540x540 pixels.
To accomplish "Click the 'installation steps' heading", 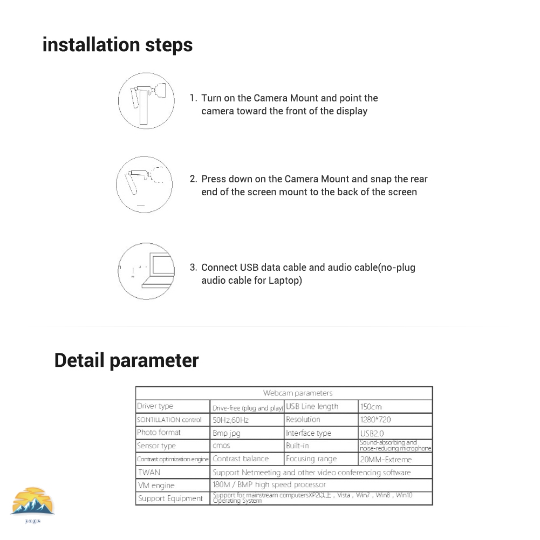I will pyautogui.click(x=118, y=44).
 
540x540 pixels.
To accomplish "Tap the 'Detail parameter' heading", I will pyautogui.click(x=126, y=360).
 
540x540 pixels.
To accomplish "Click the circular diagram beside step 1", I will pyautogui.click(x=146, y=101).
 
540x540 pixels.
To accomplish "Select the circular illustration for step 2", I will pyautogui.click(x=144, y=184).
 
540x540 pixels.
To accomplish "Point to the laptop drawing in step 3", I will pyautogui.click(x=161, y=270).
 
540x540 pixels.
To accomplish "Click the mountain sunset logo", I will pyautogui.click(x=33, y=502).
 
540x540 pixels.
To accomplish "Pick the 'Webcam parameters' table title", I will pyautogui.click(x=298, y=393).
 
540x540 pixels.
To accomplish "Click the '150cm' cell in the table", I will pyautogui.click(x=371, y=407).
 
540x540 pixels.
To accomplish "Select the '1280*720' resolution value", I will pyautogui.click(x=375, y=420).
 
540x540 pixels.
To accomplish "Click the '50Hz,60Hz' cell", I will pyautogui.click(x=231, y=420).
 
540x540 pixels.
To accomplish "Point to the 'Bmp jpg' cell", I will pyautogui.click(x=227, y=433).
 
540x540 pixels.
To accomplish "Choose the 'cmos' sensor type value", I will pyautogui.click(x=222, y=446).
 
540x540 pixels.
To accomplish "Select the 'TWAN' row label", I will pyautogui.click(x=149, y=473).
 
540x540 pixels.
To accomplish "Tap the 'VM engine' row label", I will pyautogui.click(x=156, y=486).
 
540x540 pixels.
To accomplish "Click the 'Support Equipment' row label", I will pyautogui.click(x=170, y=498).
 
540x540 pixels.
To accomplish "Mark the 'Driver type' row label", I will pyautogui.click(x=155, y=407).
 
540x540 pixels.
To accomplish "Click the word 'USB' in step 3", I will pyautogui.click(x=250, y=268).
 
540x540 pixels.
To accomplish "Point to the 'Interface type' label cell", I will pyautogui.click(x=309, y=433).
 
